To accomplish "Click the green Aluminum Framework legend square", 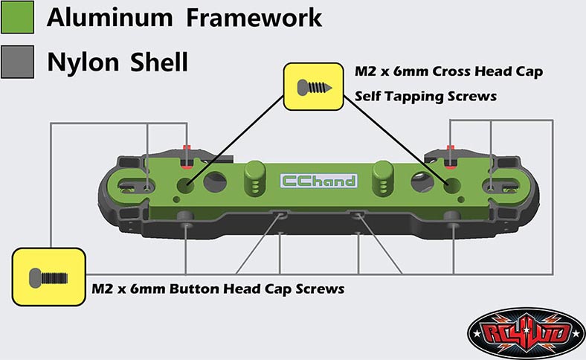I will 17,17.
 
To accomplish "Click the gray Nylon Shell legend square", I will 17,61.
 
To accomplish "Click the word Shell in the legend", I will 159,62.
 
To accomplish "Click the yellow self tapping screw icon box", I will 311,86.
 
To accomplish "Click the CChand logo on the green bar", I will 318,180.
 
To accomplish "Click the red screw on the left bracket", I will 188,147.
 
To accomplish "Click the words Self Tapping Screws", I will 425,97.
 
